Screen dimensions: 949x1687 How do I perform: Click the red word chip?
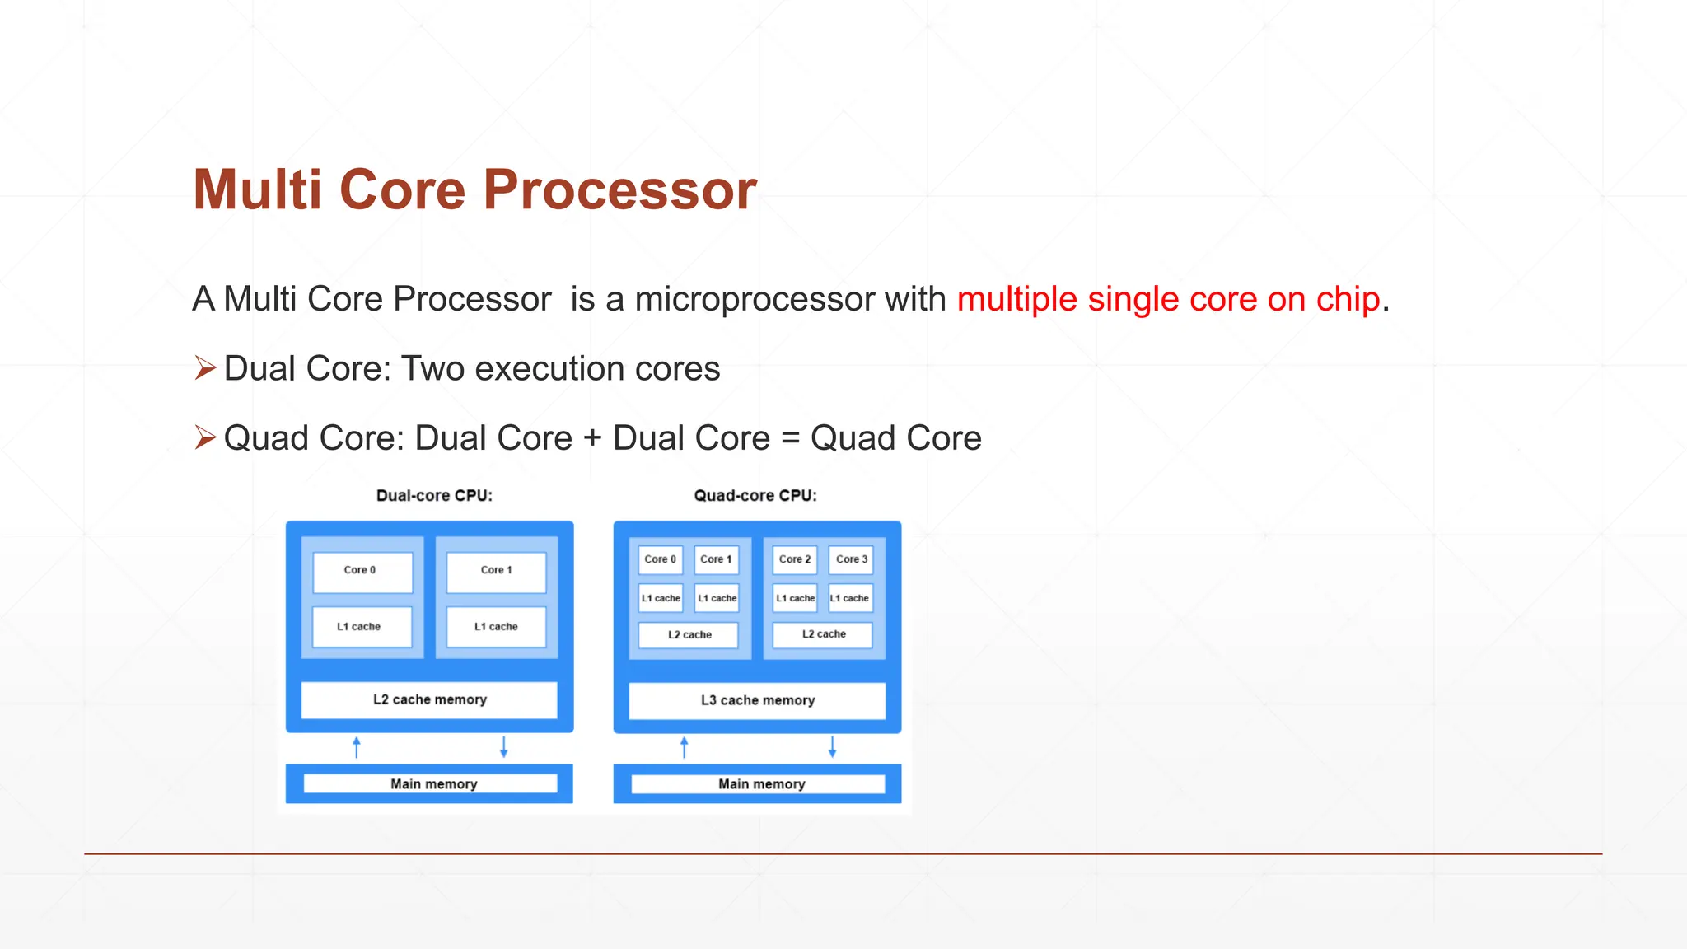pos(1347,299)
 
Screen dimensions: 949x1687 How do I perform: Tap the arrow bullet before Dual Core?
pos(205,367)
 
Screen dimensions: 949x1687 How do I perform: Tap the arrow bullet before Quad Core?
pos(205,437)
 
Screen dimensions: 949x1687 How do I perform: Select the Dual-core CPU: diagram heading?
pos(434,495)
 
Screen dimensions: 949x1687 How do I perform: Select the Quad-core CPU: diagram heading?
pos(755,495)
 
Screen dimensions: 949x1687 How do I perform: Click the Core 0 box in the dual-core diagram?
pos(362,571)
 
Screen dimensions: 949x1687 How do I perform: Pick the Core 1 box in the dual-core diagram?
pos(496,571)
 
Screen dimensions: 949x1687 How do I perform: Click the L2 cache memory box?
pos(429,699)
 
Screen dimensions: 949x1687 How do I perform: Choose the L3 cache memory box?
pos(757,700)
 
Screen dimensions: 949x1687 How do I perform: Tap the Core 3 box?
pos(851,559)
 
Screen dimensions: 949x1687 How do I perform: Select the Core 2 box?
pos(795,559)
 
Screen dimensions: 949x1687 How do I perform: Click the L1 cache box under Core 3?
pos(850,598)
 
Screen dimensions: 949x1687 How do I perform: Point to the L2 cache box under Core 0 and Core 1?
pos(689,634)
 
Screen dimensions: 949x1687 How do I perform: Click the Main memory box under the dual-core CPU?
pos(430,783)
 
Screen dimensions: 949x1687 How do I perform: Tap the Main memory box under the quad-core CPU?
pos(758,783)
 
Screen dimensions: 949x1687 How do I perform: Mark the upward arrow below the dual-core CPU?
pos(357,747)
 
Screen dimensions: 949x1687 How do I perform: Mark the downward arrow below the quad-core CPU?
pos(832,747)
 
